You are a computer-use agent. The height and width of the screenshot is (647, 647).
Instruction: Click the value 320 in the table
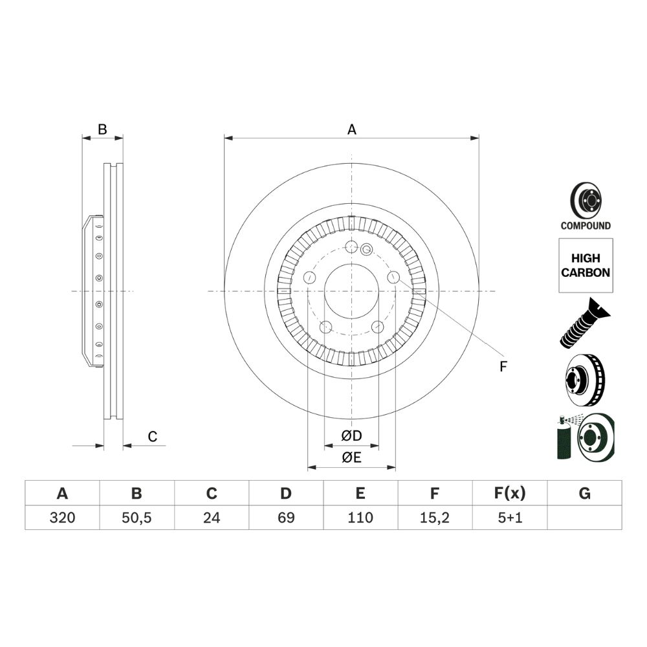pyautogui.click(x=62, y=518)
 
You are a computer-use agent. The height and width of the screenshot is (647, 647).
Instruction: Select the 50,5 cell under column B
pyautogui.click(x=137, y=518)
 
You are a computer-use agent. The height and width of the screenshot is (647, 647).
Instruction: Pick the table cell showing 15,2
pyautogui.click(x=435, y=518)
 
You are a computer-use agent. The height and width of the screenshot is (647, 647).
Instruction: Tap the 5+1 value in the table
pyautogui.click(x=510, y=518)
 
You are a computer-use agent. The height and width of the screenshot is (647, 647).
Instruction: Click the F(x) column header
pyautogui.click(x=510, y=493)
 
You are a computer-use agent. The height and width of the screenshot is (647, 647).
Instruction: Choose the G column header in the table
pyautogui.click(x=585, y=493)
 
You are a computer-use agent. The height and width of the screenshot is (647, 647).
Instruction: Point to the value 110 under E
pyautogui.click(x=360, y=518)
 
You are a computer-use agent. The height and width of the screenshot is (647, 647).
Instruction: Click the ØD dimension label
pyautogui.click(x=351, y=435)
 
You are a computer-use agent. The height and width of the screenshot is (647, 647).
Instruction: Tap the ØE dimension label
pyautogui.click(x=351, y=457)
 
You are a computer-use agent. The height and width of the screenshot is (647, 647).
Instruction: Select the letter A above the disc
pyautogui.click(x=351, y=129)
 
